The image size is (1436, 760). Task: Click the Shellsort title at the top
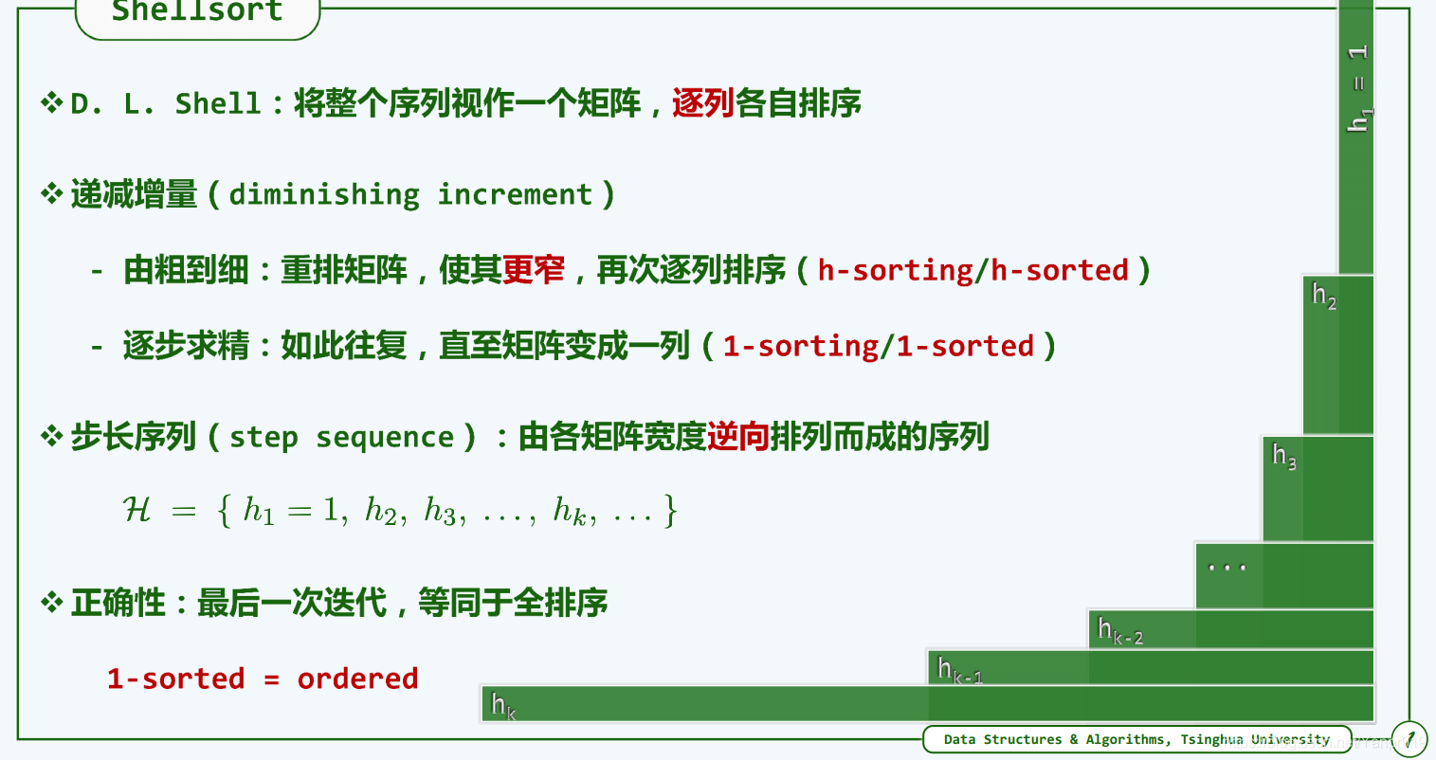click(x=197, y=10)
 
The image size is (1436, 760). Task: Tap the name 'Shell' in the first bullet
click(x=218, y=103)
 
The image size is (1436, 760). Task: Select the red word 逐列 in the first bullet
click(x=702, y=103)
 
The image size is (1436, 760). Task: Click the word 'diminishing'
click(x=324, y=195)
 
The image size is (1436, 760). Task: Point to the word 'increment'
click(x=515, y=194)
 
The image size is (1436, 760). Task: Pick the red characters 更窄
click(x=534, y=270)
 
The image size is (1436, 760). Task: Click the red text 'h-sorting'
click(x=895, y=271)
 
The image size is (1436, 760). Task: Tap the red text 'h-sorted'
click(x=1060, y=270)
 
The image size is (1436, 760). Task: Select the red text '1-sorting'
click(x=801, y=347)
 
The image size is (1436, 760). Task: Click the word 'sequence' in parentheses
click(x=385, y=439)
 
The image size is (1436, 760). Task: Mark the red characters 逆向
click(x=738, y=437)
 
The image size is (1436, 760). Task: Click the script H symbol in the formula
click(x=136, y=510)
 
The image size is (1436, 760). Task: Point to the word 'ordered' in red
click(x=357, y=679)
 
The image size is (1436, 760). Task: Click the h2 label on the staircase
click(x=1324, y=296)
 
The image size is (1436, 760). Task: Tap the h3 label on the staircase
click(x=1284, y=456)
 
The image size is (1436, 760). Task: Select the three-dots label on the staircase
click(x=1227, y=567)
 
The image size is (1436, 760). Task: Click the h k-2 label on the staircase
click(x=1120, y=631)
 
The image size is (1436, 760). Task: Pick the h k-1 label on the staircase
click(x=959, y=670)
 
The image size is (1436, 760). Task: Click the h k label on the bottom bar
click(x=503, y=706)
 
